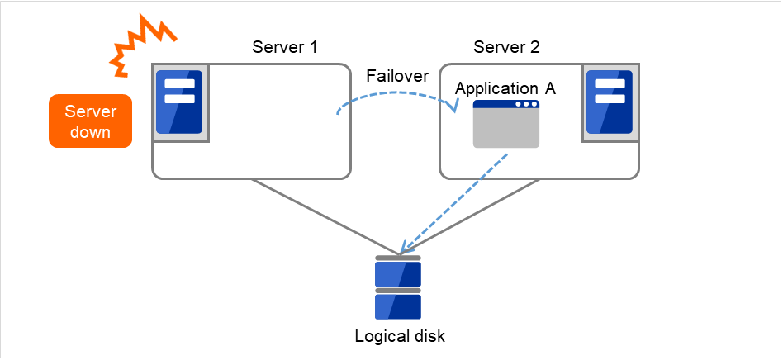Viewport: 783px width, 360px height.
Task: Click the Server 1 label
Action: click(284, 46)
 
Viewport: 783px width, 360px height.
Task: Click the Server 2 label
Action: click(506, 46)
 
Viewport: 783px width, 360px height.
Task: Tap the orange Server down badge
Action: click(91, 121)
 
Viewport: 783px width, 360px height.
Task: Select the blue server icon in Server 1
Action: click(179, 102)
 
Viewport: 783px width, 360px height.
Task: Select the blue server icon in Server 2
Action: click(609, 102)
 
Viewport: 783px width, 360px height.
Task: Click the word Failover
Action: click(397, 76)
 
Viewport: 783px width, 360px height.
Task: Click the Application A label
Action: click(505, 88)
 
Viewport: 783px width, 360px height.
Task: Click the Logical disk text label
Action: click(400, 336)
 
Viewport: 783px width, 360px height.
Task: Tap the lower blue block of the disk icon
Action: click(398, 306)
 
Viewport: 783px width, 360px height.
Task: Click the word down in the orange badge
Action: click(91, 132)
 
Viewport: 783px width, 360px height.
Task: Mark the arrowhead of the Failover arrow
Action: click(453, 108)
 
